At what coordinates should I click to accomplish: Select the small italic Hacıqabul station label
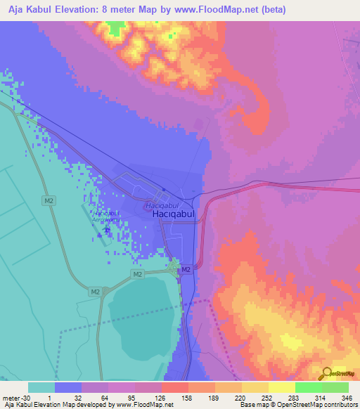(157, 205)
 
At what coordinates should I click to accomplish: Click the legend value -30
(24, 398)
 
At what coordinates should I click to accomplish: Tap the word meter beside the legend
(9, 398)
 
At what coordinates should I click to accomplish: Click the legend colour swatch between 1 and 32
(68, 387)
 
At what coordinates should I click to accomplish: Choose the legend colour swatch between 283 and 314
(308, 387)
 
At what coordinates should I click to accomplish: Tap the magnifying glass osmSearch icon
(326, 372)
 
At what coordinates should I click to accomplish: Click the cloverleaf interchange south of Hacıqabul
(173, 266)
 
